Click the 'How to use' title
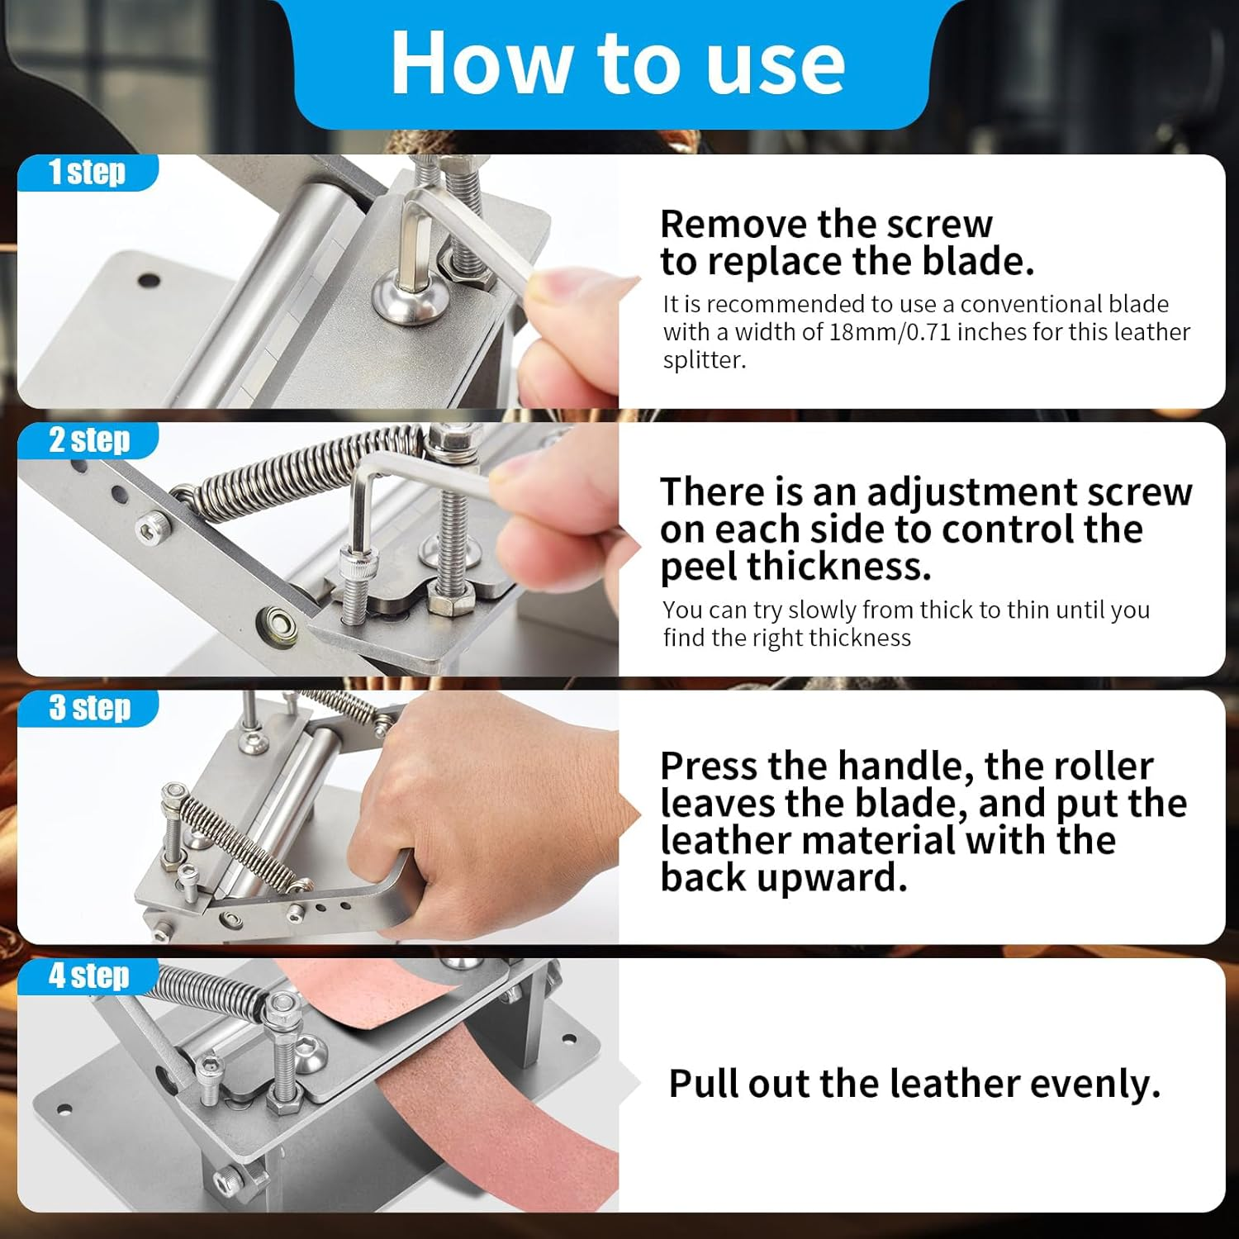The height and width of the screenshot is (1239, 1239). pyautogui.click(x=617, y=64)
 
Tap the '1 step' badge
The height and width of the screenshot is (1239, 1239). pyautogui.click(x=87, y=173)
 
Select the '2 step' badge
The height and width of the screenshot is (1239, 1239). pyautogui.click(x=88, y=440)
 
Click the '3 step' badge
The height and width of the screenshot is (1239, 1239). pyautogui.click(x=89, y=708)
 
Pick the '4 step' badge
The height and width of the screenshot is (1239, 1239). pyautogui.click(x=88, y=976)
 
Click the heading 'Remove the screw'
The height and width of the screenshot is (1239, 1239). pyautogui.click(x=826, y=224)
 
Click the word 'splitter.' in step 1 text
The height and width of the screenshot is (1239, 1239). pyautogui.click(x=704, y=360)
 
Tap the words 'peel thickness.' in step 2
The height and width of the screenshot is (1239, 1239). pyautogui.click(x=795, y=567)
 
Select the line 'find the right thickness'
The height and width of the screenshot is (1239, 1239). pyautogui.click(x=786, y=638)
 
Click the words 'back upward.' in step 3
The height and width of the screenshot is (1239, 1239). pyautogui.click(x=783, y=877)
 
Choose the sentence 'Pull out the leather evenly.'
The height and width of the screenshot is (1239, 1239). pyautogui.click(x=914, y=1084)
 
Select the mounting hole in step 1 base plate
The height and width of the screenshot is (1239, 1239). pyautogui.click(x=149, y=280)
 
